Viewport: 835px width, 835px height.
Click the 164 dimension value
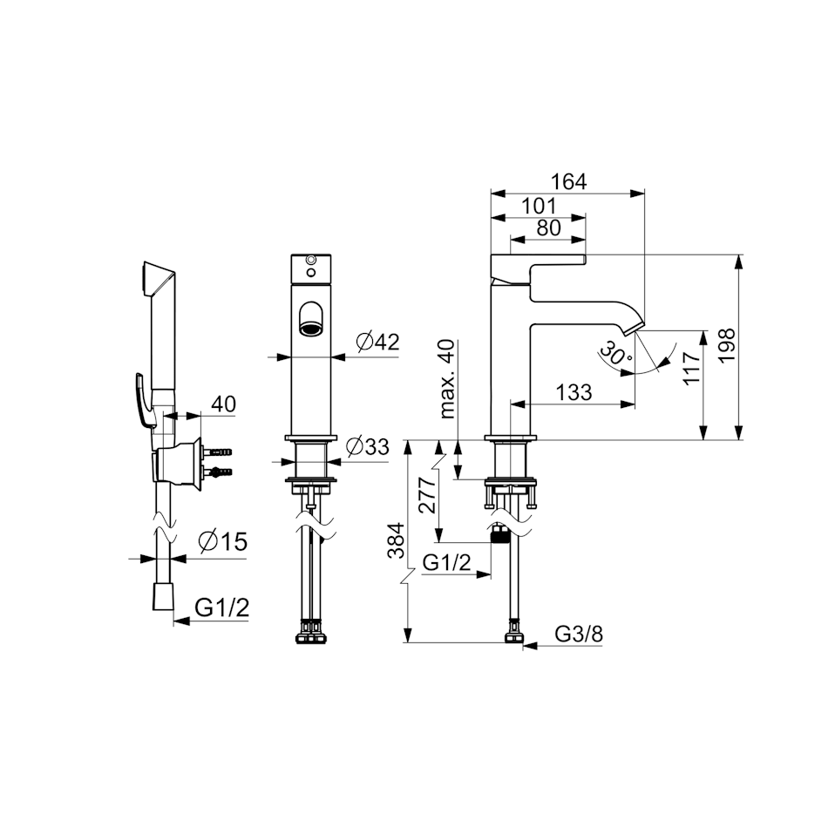(568, 181)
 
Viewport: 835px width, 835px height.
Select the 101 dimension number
(538, 206)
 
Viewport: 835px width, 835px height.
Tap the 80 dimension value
(549, 227)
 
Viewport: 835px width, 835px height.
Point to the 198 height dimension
(727, 345)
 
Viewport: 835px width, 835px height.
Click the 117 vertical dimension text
(692, 369)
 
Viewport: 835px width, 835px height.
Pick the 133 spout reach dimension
(574, 392)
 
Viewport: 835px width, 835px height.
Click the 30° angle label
(615, 353)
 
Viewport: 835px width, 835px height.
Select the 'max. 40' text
(448, 379)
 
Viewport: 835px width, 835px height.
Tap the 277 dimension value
(428, 494)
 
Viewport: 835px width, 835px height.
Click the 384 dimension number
(397, 541)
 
